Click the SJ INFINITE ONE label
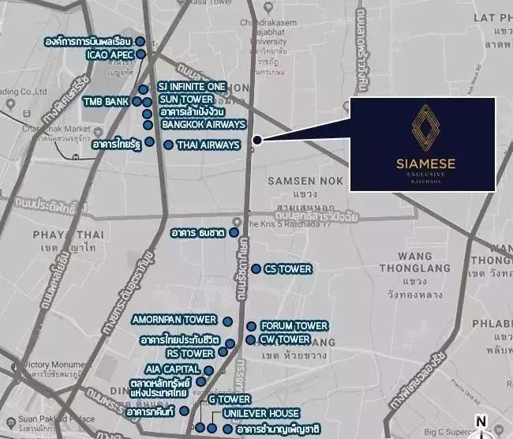pos(192,86)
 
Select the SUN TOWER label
pos(185,99)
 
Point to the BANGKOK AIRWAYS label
pos(204,125)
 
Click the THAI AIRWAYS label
pos(208,145)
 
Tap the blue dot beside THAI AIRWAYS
pos(168,144)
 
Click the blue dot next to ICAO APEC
pos(141,54)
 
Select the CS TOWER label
pos(287,269)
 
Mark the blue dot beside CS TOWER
pos(256,269)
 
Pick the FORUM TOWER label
pos(294,326)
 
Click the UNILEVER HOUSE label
pos(260,414)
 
